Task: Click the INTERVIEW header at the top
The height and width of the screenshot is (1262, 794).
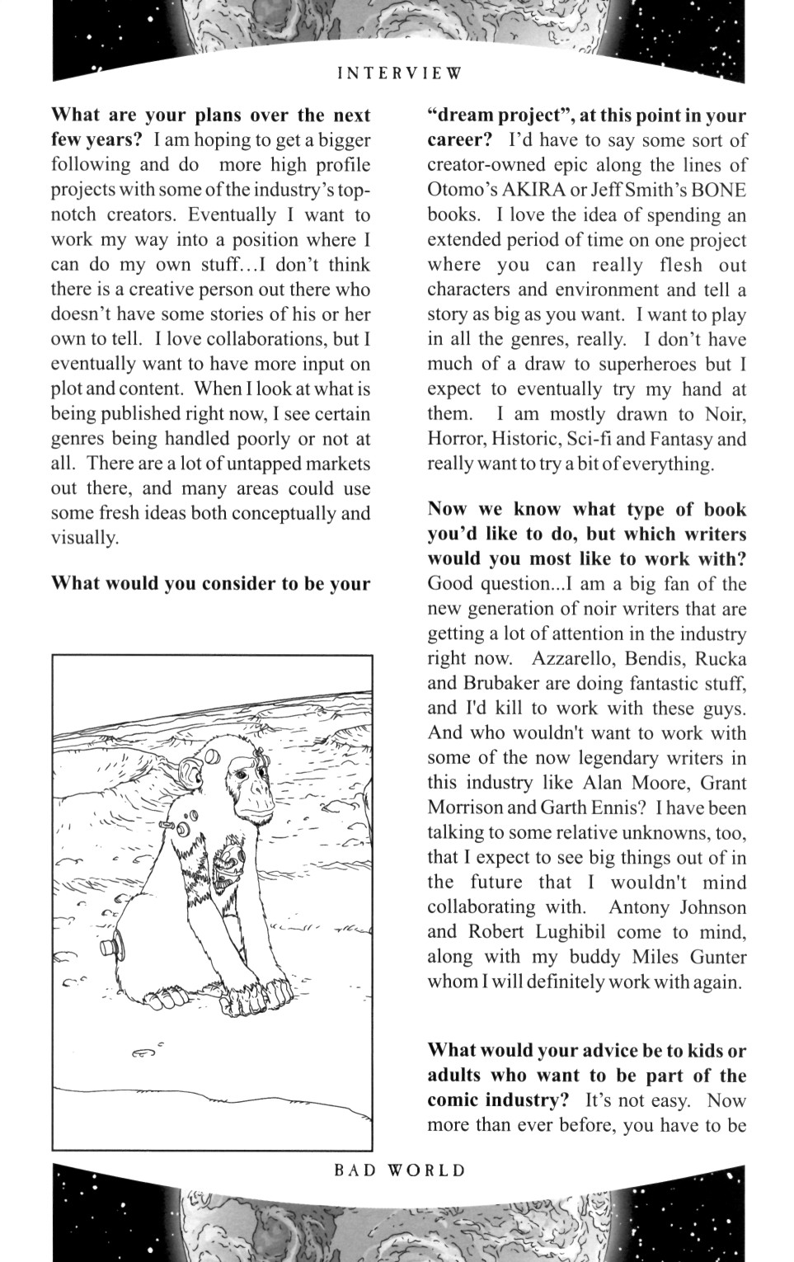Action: [x=400, y=73]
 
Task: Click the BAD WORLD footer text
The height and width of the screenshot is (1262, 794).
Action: [x=400, y=1170]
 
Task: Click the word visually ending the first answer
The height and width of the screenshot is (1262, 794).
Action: [x=84, y=538]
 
